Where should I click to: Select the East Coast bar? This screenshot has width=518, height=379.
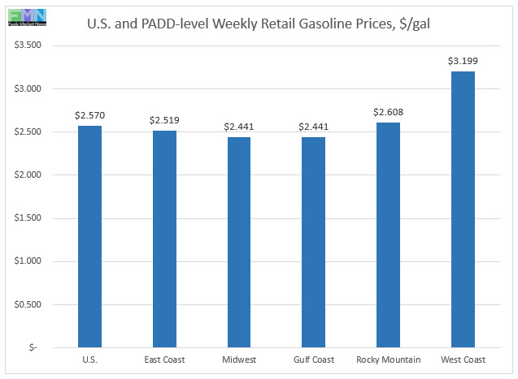164,239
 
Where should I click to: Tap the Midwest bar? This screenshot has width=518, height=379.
239,243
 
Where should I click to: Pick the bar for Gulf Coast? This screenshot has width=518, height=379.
313,243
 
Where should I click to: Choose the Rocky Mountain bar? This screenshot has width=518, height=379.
388,235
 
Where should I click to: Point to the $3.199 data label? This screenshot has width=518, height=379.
462,61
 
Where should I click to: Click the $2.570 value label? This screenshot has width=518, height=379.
90,115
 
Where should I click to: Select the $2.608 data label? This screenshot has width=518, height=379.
388,112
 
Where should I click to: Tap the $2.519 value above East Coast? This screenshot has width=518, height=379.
164,120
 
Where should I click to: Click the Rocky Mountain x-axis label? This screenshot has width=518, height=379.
388,360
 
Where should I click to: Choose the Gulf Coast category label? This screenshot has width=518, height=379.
313,360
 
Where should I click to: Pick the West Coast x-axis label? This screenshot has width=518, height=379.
462,360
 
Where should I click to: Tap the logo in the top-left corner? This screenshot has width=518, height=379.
26,15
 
